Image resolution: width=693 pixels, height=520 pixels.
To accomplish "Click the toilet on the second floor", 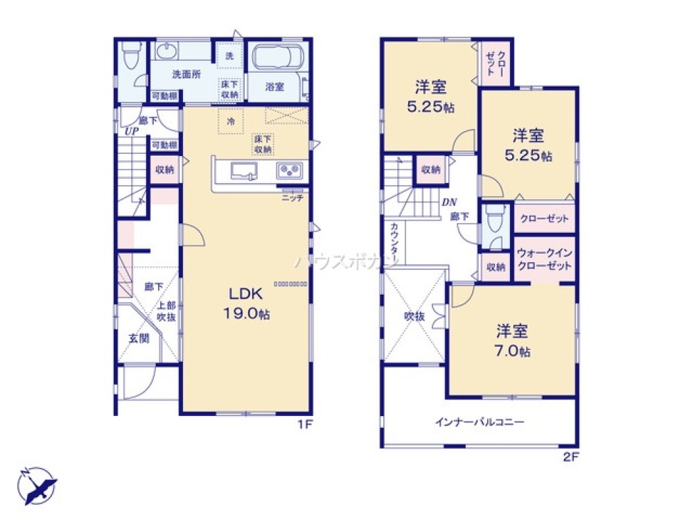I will [493, 222].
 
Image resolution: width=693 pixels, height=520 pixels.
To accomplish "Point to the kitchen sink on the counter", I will [243, 171].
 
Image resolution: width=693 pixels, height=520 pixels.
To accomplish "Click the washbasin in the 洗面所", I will [166, 51].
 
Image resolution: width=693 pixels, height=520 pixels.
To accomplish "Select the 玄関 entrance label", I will [139, 338].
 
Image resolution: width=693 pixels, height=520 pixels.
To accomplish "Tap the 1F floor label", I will [304, 424].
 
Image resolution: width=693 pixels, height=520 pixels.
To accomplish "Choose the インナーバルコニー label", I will [480, 421].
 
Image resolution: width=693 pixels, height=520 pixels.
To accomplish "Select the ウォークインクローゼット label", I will [544, 260].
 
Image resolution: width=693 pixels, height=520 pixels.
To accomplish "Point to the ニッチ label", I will [290, 198].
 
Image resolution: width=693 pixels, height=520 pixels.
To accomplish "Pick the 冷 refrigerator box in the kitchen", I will [229, 119].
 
